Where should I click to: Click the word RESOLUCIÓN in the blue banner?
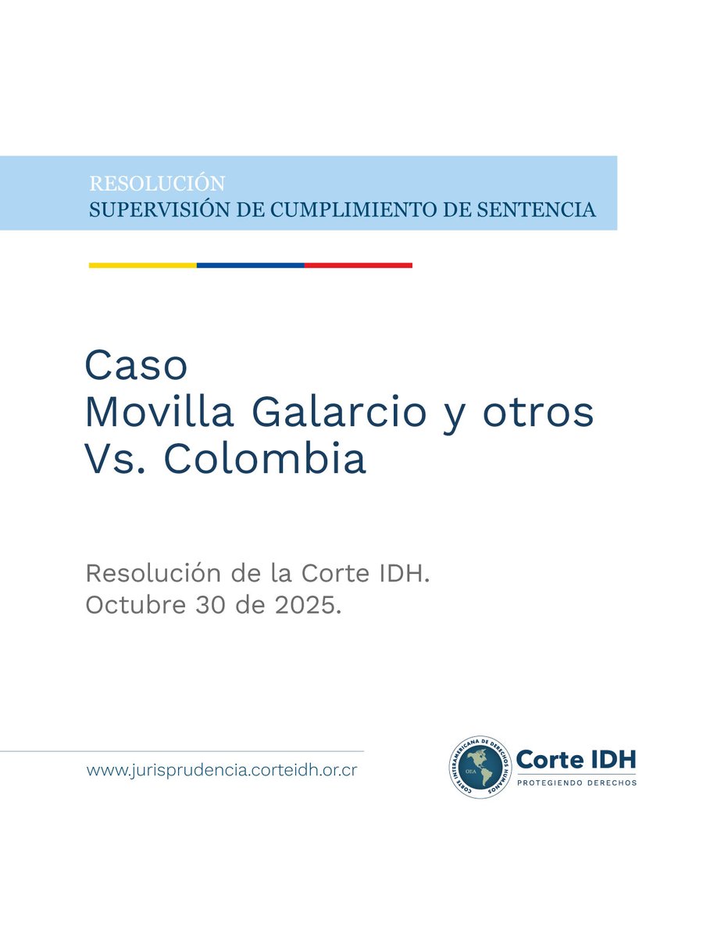click(x=157, y=184)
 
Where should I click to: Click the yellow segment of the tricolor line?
click(x=142, y=266)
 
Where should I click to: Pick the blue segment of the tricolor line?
click(x=250, y=266)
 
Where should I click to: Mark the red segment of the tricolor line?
click(x=358, y=266)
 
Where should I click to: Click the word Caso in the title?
click(x=136, y=366)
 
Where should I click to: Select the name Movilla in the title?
click(x=159, y=413)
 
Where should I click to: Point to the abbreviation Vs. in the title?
click(x=117, y=460)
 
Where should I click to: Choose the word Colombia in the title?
click(x=264, y=460)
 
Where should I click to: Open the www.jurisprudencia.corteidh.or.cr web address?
click(x=222, y=770)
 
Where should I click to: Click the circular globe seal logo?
click(x=480, y=767)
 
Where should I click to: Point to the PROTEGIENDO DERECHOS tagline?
click(x=577, y=782)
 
